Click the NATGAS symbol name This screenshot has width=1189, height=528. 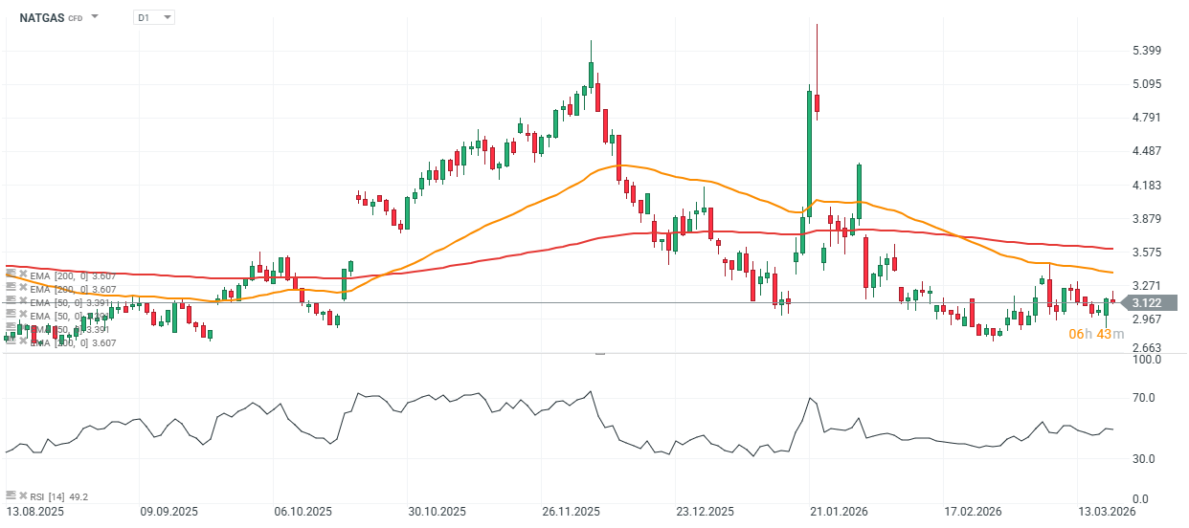[41, 17]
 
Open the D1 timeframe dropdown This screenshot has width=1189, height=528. [154, 17]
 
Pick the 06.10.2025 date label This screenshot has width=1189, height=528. [302, 512]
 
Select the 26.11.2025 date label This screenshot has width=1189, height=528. [570, 512]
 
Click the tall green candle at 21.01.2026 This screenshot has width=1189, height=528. [809, 153]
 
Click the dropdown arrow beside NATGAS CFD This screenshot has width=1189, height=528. [95, 17]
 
